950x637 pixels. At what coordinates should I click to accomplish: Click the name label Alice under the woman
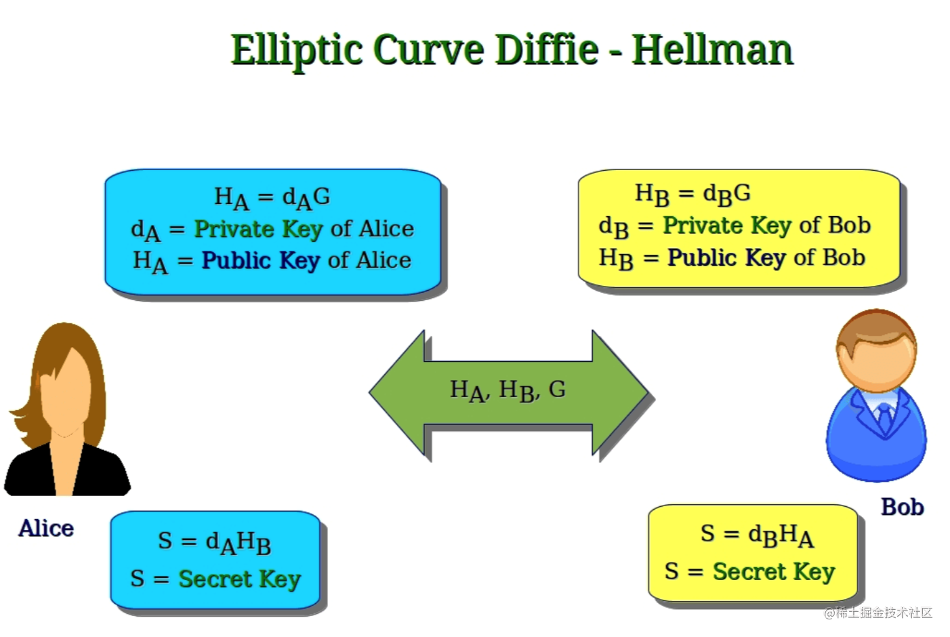tap(46, 529)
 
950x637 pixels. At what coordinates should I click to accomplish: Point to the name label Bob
tap(903, 507)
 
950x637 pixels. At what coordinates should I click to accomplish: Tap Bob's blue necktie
tap(885, 417)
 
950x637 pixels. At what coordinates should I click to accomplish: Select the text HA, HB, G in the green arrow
tap(508, 390)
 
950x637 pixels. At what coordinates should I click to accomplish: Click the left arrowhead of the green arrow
tap(396, 393)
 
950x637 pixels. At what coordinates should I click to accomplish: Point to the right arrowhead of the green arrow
tap(620, 393)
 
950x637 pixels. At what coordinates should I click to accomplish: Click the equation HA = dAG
tap(272, 198)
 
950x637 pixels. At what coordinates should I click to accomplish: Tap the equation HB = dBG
tap(693, 194)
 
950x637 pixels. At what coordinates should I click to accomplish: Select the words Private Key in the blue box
tap(259, 230)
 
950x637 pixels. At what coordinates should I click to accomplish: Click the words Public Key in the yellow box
tap(727, 258)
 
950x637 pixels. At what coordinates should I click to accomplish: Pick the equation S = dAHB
tap(215, 543)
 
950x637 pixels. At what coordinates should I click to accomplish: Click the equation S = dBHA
tap(758, 535)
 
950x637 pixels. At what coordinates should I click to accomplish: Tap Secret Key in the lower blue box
tap(240, 579)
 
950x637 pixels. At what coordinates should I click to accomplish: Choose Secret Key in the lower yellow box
tap(774, 572)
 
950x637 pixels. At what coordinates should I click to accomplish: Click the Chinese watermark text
tap(878, 613)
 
